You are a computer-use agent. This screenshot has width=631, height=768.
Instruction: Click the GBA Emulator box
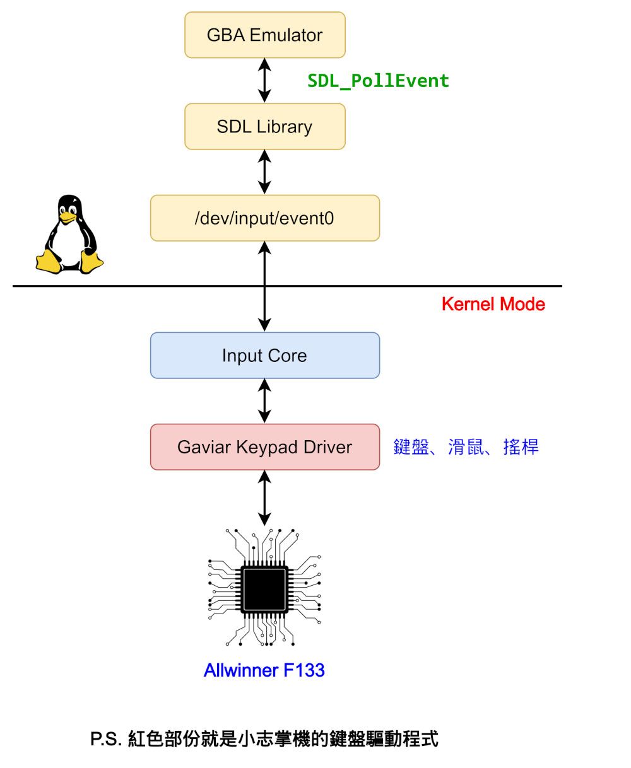tap(264, 35)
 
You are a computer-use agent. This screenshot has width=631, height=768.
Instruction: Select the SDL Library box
tap(264, 126)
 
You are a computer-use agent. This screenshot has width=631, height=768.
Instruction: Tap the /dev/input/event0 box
tap(264, 218)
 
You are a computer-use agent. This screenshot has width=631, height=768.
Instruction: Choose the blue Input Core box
tap(264, 356)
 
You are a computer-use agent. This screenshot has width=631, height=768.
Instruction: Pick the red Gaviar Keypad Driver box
tap(264, 447)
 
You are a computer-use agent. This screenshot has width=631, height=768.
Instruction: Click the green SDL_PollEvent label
tap(378, 81)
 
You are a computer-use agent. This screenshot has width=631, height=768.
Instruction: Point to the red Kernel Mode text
tap(493, 304)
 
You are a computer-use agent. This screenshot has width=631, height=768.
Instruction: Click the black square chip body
tap(264, 590)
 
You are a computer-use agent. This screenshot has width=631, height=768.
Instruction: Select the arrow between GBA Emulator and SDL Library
tap(264, 81)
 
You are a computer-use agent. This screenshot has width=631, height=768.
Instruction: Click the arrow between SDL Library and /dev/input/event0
tap(264, 172)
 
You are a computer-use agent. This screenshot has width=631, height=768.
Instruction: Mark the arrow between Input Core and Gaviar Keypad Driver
tap(264, 401)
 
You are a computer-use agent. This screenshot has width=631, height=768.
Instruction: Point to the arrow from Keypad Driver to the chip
tap(264, 497)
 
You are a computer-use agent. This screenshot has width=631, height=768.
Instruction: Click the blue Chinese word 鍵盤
tap(411, 447)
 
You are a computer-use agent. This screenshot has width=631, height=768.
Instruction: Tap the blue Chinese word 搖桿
tap(521, 447)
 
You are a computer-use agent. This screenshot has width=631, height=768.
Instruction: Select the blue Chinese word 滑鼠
tap(466, 447)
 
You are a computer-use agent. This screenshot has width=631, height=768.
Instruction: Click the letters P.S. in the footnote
tap(105, 739)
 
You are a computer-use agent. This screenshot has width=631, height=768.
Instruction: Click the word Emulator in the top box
tap(286, 35)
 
